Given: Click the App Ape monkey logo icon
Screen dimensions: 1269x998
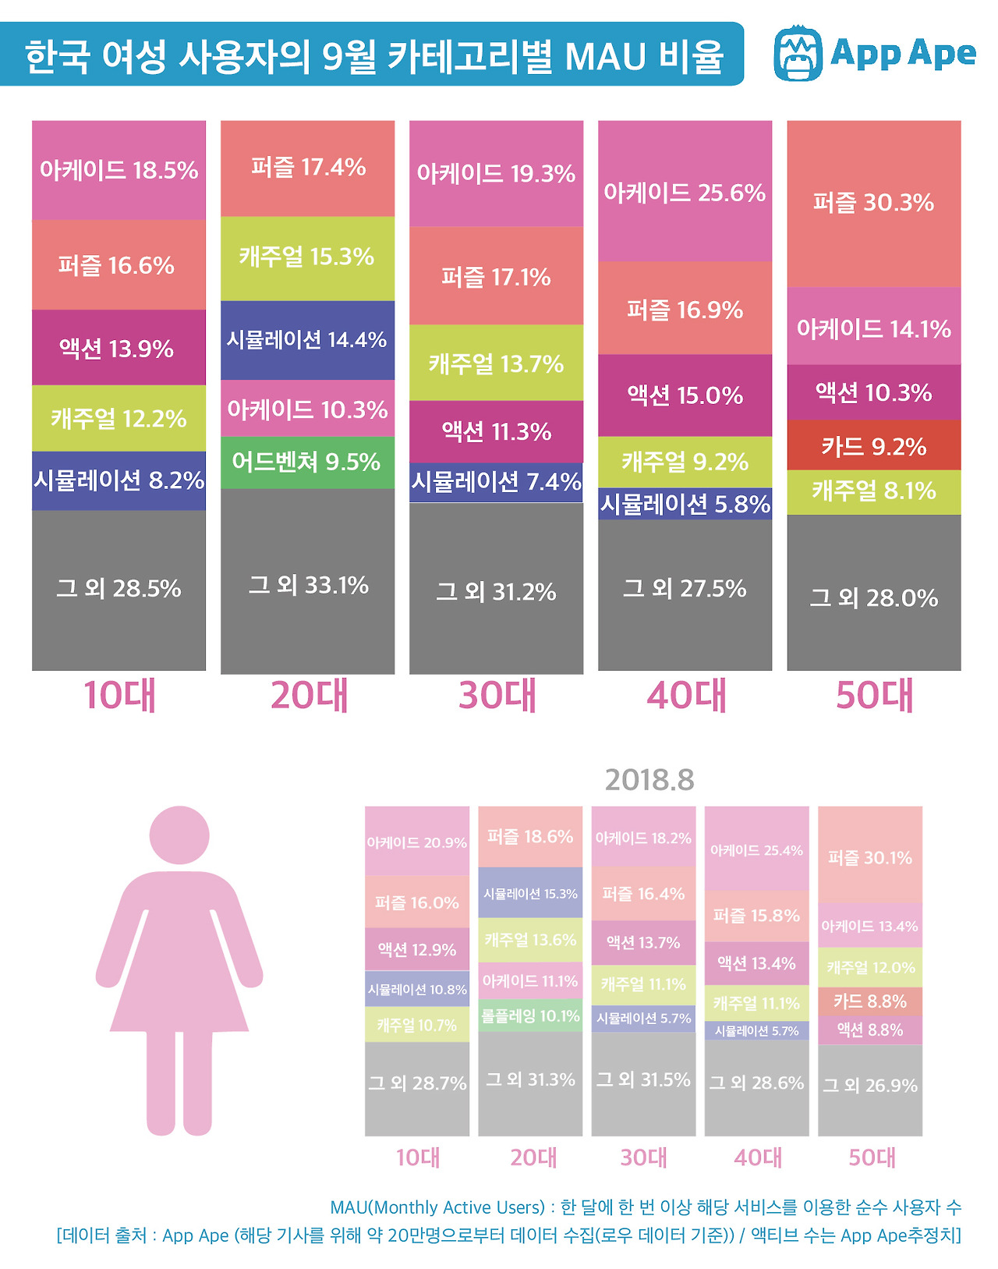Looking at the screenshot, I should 798,53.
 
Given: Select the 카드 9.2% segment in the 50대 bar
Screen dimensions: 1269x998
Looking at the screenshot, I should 873,446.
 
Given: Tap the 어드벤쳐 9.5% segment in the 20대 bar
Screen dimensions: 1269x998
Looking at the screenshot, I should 307,462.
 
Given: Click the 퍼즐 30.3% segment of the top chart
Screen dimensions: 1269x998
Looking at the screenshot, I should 873,203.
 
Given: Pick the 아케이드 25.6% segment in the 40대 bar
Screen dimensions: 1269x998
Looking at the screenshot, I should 685,192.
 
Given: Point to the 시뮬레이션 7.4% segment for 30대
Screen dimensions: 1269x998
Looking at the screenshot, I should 496,482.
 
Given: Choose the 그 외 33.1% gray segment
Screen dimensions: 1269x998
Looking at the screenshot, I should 307,584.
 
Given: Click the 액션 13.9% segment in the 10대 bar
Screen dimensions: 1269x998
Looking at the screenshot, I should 119,348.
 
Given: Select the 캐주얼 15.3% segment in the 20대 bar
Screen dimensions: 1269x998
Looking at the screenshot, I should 307,257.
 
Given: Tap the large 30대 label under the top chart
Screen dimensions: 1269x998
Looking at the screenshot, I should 497,695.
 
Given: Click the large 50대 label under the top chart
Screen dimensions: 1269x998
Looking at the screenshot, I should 874,695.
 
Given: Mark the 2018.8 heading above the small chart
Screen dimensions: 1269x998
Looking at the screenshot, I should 649,779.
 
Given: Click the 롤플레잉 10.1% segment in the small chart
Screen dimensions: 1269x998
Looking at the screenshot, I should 530,1016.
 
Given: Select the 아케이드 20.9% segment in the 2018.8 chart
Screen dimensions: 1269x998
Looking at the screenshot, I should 417,842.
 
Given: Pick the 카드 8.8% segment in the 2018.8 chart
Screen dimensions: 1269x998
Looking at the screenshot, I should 870,1001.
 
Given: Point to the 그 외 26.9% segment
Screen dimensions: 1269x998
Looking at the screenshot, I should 870,1085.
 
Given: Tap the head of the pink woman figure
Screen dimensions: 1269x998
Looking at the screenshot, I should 179,835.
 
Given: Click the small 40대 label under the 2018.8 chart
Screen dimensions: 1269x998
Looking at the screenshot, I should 757,1157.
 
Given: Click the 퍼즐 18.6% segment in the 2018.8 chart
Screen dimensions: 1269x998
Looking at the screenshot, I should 530,837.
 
